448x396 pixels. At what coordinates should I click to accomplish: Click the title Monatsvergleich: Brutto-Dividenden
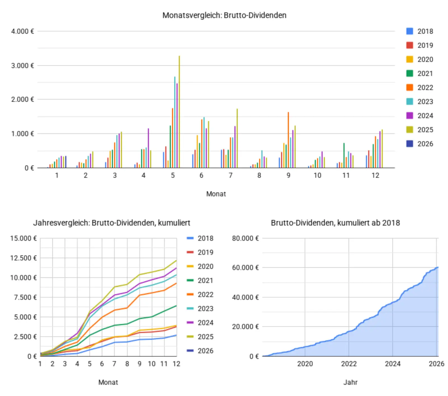[x=224, y=15]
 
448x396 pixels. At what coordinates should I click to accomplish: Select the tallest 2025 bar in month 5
[x=179, y=112]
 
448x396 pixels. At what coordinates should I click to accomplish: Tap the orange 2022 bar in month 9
[x=288, y=140]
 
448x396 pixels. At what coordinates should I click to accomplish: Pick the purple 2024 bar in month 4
[x=148, y=148]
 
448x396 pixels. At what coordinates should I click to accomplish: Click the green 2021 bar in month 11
[x=344, y=156]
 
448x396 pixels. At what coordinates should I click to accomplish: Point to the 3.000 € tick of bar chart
[x=22, y=66]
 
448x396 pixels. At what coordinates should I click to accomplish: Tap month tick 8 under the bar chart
[x=259, y=175]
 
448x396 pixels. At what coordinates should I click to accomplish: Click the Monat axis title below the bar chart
[x=216, y=194]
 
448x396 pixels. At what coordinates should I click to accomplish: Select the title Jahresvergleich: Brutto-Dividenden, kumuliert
[x=112, y=223]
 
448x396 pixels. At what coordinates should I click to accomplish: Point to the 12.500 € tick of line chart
[x=24, y=258]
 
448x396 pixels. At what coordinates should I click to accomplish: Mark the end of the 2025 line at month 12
[x=176, y=260]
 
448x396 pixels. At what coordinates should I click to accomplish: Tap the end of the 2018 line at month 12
[x=176, y=335]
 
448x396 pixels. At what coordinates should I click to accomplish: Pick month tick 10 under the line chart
[x=151, y=364]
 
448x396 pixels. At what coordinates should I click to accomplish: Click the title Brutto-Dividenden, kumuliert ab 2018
[x=335, y=223]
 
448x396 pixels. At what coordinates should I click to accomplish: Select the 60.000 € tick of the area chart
[x=245, y=268]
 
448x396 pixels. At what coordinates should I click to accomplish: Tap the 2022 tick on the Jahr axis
[x=349, y=364]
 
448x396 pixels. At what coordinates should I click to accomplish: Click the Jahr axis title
[x=350, y=382]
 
